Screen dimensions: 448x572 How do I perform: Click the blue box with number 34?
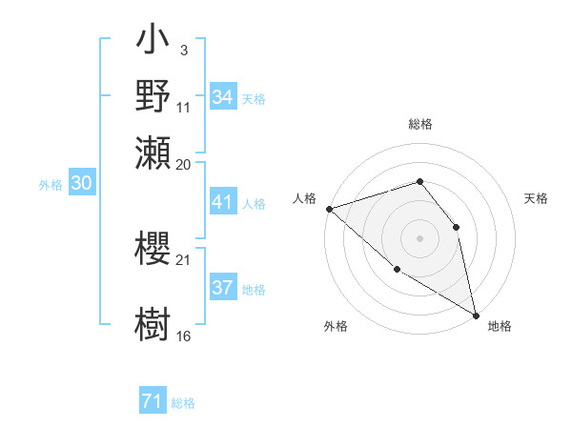[x=223, y=97]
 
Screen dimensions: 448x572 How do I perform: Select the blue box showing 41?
[x=223, y=202]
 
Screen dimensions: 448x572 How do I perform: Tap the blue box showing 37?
[x=223, y=288]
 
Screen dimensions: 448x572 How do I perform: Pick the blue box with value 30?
[x=81, y=184]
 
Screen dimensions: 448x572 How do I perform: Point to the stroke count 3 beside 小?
[x=183, y=50]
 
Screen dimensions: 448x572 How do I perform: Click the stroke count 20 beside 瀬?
[x=184, y=164]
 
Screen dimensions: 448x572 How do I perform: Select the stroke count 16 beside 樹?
[x=184, y=336]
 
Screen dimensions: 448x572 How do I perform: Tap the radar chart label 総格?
[x=419, y=125]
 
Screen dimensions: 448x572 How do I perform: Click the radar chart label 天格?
[x=536, y=198]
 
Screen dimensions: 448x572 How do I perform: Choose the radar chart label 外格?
[x=336, y=326]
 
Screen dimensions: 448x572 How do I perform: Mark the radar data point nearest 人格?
[x=329, y=209]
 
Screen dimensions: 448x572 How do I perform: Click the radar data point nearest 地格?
[x=475, y=314]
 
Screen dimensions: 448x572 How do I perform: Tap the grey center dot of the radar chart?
[x=419, y=237]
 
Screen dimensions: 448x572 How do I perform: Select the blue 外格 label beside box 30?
[x=51, y=185]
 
